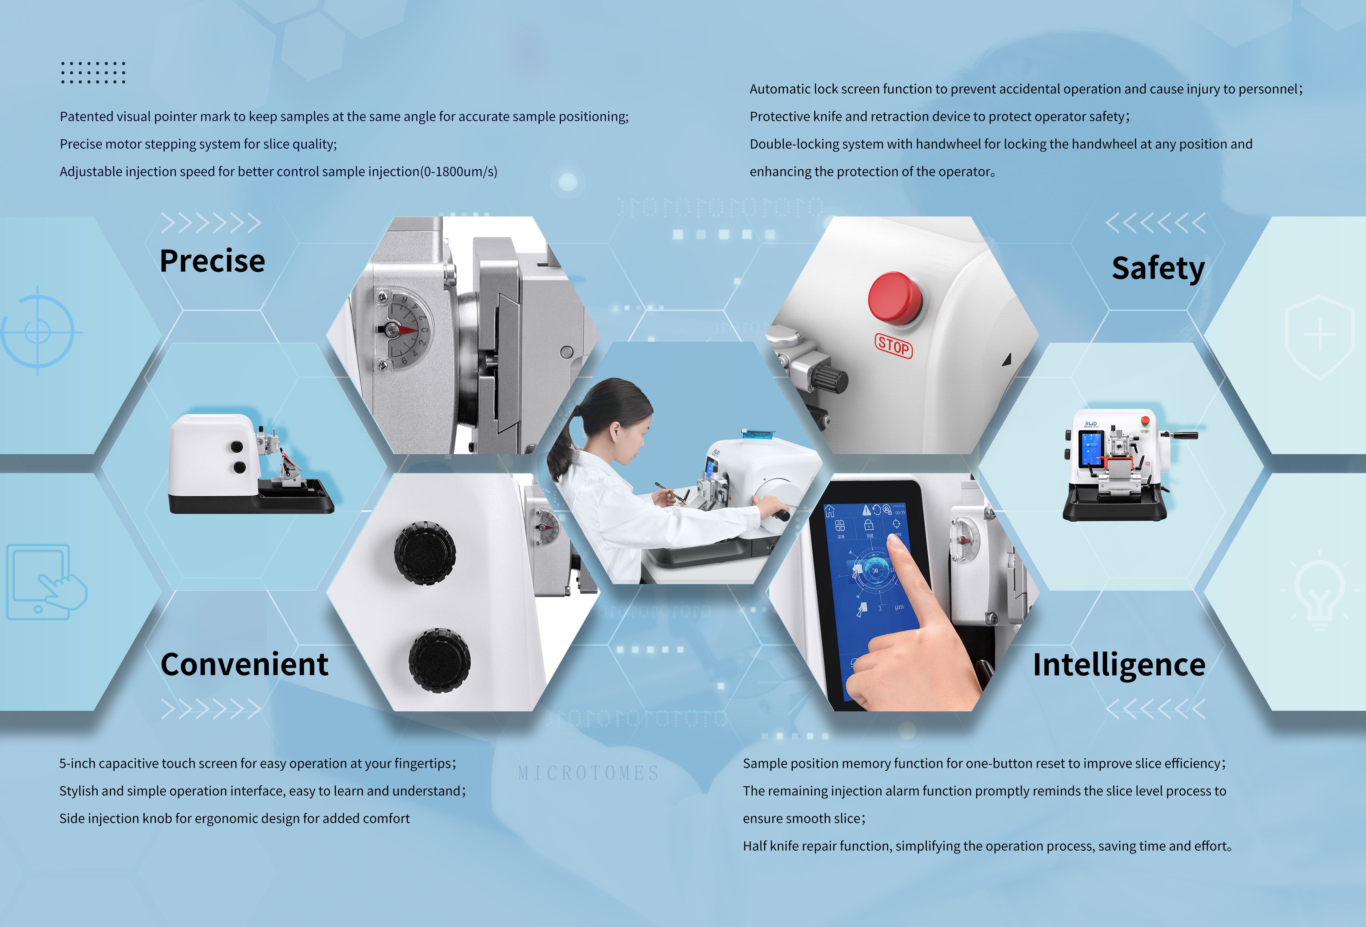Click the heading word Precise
(212, 261)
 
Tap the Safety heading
(1158, 269)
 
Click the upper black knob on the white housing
(424, 552)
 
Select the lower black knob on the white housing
(439, 660)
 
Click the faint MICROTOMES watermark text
(588, 773)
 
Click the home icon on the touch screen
(829, 511)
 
